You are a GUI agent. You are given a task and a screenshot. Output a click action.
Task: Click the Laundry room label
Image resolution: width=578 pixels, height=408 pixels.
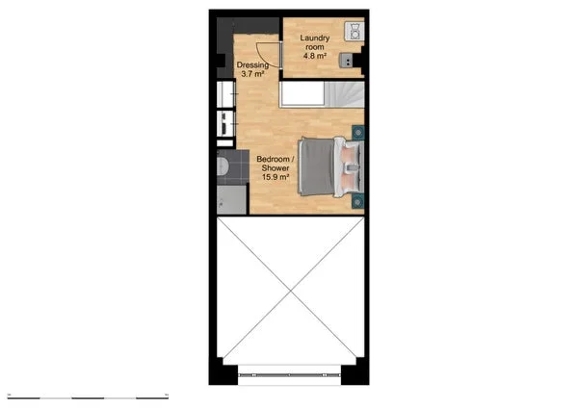pos(315,42)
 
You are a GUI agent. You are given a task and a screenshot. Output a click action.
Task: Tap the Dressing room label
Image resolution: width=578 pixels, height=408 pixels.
pos(252,65)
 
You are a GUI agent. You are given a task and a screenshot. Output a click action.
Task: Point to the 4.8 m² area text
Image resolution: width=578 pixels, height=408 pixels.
pos(315,55)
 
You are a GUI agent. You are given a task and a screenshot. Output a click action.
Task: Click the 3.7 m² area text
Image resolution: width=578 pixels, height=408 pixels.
pos(252,74)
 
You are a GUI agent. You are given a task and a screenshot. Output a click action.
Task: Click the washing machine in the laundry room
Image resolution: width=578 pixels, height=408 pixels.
pos(355,31)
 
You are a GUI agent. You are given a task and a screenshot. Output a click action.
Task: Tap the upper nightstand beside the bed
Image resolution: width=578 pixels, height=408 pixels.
pos(358,132)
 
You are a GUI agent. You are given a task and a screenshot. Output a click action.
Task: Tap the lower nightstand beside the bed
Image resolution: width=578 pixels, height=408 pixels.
pos(358,200)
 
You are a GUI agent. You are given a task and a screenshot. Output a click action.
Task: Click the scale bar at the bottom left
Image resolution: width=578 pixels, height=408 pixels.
pos(87,396)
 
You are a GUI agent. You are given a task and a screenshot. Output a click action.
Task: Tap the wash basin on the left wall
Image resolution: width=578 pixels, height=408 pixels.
pos(224,123)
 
